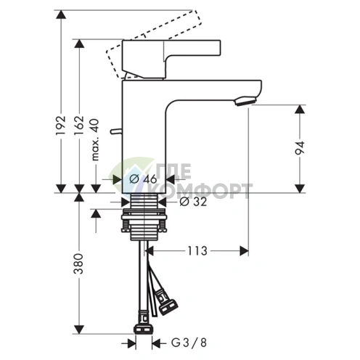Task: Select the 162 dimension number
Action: [79, 126]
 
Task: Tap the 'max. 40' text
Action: [95, 139]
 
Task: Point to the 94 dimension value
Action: [300, 148]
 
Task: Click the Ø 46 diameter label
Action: [143, 179]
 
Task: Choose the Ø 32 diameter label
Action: [193, 202]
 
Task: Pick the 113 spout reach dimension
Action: [197, 251]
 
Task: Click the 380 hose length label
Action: [78, 263]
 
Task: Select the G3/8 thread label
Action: [189, 343]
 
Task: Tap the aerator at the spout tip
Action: [245, 101]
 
